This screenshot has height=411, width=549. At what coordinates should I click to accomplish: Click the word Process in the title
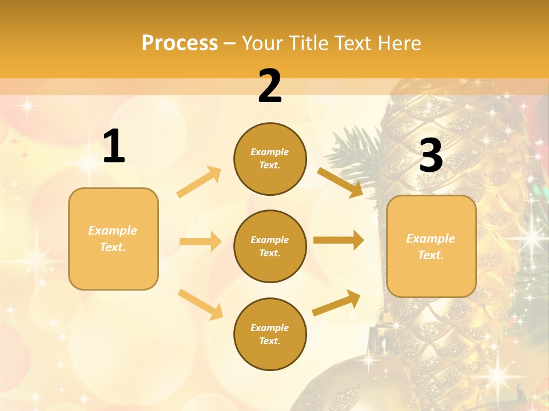tap(180, 43)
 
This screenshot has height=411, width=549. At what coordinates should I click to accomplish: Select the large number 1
tap(114, 147)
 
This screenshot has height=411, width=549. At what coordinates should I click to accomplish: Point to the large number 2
tap(270, 86)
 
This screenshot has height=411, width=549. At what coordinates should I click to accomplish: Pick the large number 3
tap(431, 156)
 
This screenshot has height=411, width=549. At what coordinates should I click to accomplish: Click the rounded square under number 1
tap(113, 239)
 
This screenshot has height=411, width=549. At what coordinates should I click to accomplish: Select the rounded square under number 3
tap(431, 246)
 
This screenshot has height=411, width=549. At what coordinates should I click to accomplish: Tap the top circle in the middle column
tap(270, 159)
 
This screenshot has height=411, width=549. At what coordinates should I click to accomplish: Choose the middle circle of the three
tap(270, 246)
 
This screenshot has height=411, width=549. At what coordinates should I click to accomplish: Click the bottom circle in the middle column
tap(270, 334)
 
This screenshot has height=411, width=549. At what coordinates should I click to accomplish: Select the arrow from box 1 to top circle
tap(198, 182)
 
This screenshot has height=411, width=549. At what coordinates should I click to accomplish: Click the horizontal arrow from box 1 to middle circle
tap(200, 241)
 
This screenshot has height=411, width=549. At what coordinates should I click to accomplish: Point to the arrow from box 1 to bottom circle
tap(200, 304)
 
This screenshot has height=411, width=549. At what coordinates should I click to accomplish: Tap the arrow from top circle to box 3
tap(340, 182)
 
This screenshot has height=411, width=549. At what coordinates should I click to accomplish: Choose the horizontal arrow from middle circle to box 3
tap(339, 240)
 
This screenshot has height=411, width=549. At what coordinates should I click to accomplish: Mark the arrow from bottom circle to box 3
tap(336, 303)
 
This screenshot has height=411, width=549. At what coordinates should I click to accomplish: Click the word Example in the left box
tap(113, 231)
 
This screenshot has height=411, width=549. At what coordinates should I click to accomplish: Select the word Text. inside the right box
tap(431, 255)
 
